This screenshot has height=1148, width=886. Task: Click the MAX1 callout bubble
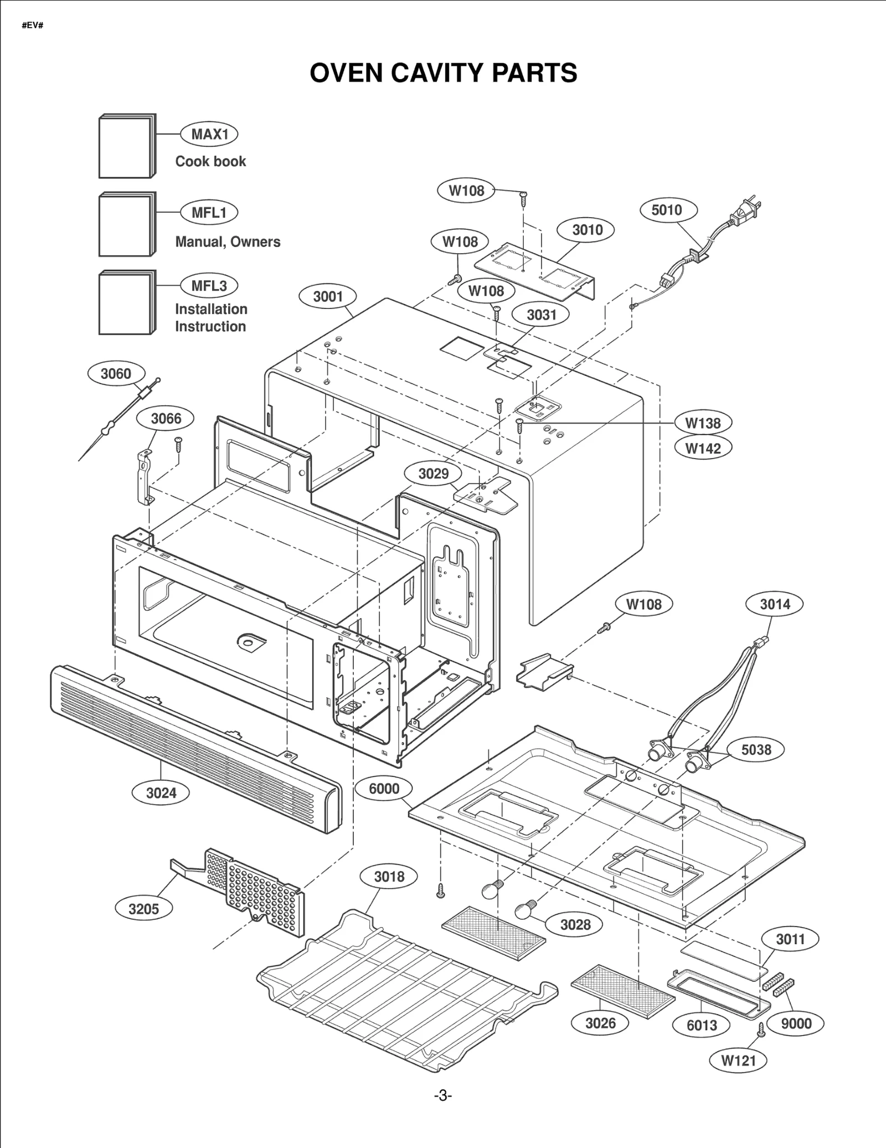point(209,134)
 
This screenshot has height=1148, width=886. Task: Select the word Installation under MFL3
point(211,309)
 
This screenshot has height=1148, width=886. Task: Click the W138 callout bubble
point(703,423)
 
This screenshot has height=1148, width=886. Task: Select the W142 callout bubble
point(703,448)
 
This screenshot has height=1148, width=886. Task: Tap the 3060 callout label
point(116,374)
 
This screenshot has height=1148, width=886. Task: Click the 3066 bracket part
point(144,476)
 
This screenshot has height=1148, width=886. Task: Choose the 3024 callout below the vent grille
point(161,792)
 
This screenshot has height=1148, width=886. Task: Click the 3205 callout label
point(143,909)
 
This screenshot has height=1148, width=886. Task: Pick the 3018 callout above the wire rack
point(389,877)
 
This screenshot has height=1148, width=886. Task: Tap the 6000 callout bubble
point(384,789)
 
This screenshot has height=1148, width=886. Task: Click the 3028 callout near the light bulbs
point(575,924)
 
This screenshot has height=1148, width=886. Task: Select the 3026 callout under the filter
point(600,1023)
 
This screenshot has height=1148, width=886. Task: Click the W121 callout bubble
point(738,1061)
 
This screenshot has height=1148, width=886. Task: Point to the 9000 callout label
point(796,1023)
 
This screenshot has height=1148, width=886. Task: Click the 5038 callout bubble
point(756,750)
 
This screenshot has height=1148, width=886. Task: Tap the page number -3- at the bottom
point(442,1096)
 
